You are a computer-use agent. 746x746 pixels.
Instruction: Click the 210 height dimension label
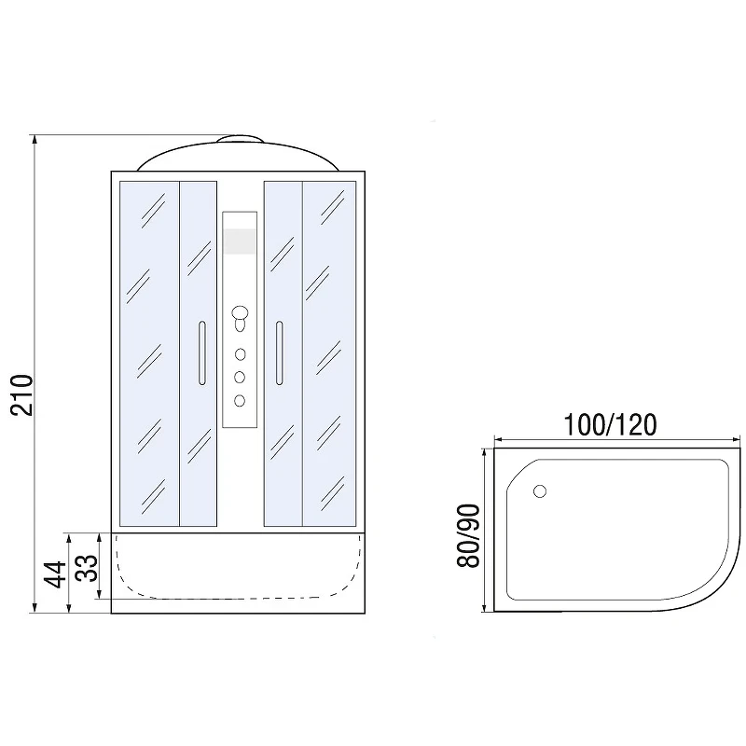pyautogui.click(x=21, y=395)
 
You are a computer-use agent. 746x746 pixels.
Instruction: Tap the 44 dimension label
pyautogui.click(x=55, y=574)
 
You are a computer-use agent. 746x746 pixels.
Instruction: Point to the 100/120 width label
pyautogui.click(x=610, y=424)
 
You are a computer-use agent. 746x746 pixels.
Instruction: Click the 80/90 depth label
pyautogui.click(x=468, y=535)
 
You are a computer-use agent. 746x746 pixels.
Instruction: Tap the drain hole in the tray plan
pyautogui.click(x=540, y=491)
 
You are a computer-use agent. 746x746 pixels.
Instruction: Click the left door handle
pyautogui.click(x=202, y=352)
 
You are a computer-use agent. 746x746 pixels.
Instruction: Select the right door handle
pyautogui.click(x=279, y=352)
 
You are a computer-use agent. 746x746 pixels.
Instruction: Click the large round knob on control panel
pyautogui.click(x=240, y=313)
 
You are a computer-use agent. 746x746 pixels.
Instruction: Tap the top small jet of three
pyautogui.click(x=240, y=354)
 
